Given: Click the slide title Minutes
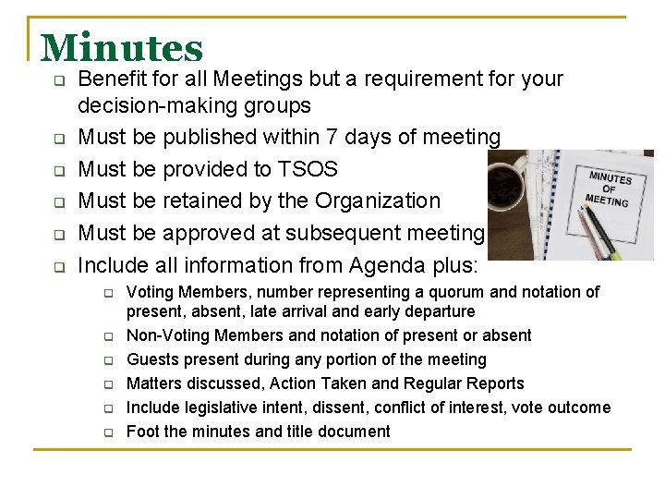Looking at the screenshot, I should coord(122,48).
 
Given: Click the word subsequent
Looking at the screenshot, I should coord(357,233).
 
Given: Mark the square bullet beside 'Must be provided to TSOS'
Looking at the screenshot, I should coord(57,171).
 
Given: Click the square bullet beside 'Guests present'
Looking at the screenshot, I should coord(107,360).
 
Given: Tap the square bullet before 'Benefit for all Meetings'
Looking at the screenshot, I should coord(57,81).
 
